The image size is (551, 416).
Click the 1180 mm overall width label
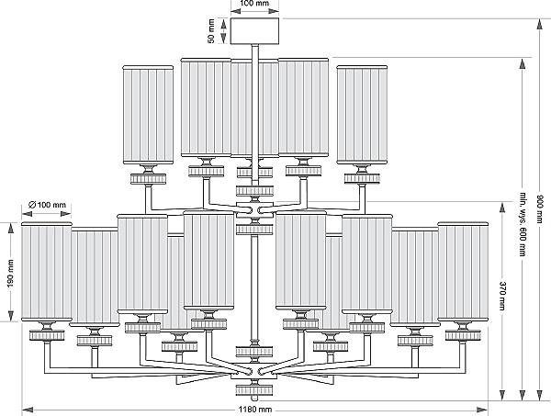pyautogui.click(x=255, y=410)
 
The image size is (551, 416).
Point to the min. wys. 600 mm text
pyautogui.click(x=523, y=224)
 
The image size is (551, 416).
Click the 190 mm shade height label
pyautogui.click(x=10, y=273)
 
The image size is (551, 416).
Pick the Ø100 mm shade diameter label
pyautogui.click(x=47, y=205)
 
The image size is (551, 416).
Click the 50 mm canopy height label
pyautogui.click(x=211, y=31)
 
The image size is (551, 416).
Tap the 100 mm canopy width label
pyautogui.click(x=254, y=4)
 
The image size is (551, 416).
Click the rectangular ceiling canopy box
pyautogui.click(x=254, y=31)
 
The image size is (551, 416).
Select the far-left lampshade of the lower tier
pyautogui.click(x=47, y=272)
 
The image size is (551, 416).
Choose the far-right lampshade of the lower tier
pyautogui.click(x=463, y=272)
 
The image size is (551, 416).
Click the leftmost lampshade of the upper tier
pyautogui.click(x=148, y=115)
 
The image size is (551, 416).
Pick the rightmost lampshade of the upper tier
pyautogui.click(x=362, y=115)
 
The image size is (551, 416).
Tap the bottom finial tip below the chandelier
pyautogui.click(x=254, y=399)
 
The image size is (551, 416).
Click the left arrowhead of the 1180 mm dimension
pyautogui.click(x=27, y=410)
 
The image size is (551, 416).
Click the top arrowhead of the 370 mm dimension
pyautogui.click(x=502, y=208)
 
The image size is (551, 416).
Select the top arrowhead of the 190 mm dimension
pyautogui.click(x=11, y=228)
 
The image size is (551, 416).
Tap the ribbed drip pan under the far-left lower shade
pyautogui.click(x=47, y=335)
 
